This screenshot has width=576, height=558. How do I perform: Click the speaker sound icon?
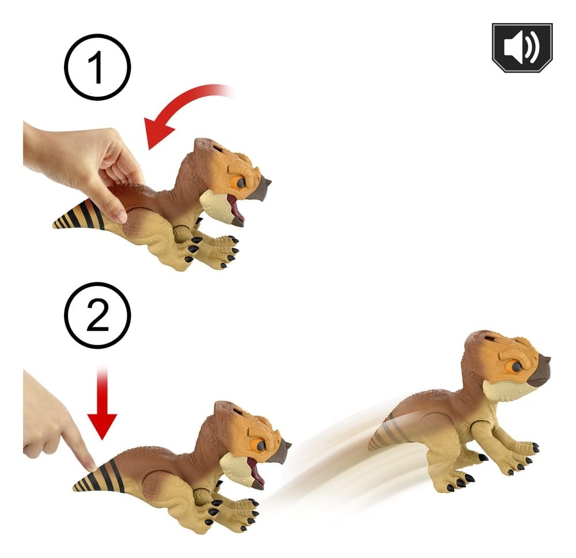pos(522,47)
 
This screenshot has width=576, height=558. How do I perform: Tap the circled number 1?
pos(97,67)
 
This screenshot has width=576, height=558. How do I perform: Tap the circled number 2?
pos(97,315)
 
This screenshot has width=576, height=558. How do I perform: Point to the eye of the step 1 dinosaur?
pos(241,183)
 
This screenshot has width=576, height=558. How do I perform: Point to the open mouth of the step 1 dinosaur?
pos(236,209)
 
